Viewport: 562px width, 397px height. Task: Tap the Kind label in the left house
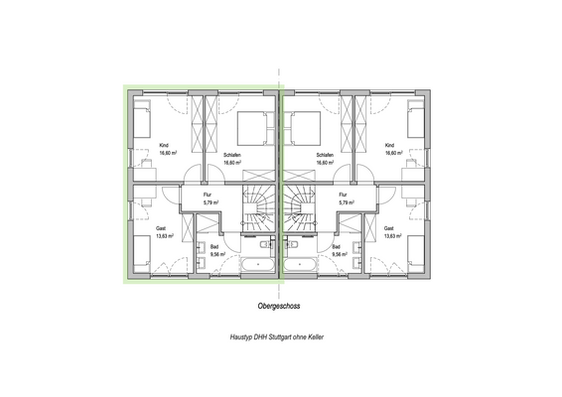tap(163, 146)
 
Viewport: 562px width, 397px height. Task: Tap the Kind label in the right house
tap(389, 146)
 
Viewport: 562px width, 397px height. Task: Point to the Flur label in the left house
tap(208, 195)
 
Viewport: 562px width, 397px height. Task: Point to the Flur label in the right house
tap(344, 195)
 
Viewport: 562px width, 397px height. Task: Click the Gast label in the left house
tap(160, 228)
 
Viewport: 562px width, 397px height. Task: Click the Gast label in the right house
tap(388, 228)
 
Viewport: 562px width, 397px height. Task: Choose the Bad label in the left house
tap(213, 246)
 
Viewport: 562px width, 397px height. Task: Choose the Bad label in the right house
tap(337, 246)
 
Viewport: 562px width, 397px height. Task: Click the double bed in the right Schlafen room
tap(303, 128)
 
